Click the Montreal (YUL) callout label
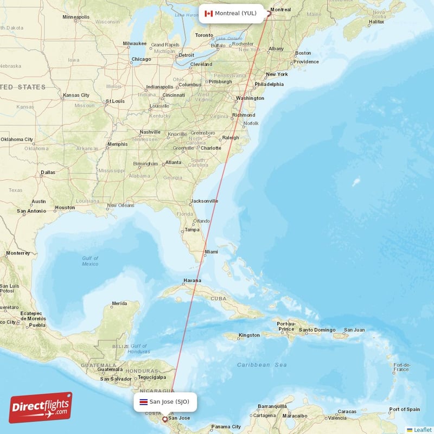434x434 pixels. (x=231, y=14)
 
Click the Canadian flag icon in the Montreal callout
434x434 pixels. (x=208, y=14)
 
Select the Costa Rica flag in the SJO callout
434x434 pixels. (x=143, y=402)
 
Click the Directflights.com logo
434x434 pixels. (x=40, y=408)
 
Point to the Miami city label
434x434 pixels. (x=211, y=252)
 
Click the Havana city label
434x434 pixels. (x=192, y=281)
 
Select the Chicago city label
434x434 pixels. (x=141, y=59)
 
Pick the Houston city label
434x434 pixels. (x=65, y=207)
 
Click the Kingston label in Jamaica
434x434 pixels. (x=249, y=335)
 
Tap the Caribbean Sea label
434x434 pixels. (x=262, y=365)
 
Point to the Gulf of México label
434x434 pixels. (x=90, y=261)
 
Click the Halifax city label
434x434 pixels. (x=376, y=22)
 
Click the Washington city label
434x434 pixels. (x=250, y=98)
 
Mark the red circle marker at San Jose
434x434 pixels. (x=165, y=419)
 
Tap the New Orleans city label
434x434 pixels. (x=120, y=206)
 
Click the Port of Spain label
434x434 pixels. (x=404, y=409)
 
